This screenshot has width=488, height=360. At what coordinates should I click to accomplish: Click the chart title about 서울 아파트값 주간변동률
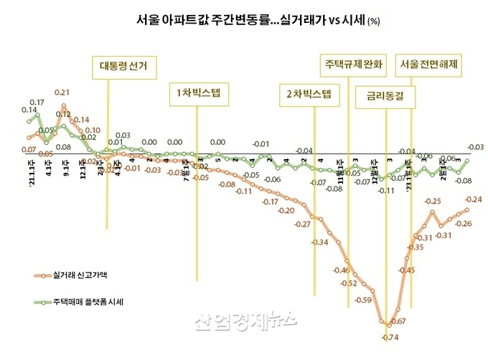click(243, 20)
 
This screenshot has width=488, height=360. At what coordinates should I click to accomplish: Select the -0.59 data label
click(363, 300)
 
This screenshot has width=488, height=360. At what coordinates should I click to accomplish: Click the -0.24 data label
click(473, 199)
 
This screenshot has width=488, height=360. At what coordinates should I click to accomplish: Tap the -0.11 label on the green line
click(387, 191)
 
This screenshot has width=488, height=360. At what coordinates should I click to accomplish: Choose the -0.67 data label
click(399, 321)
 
